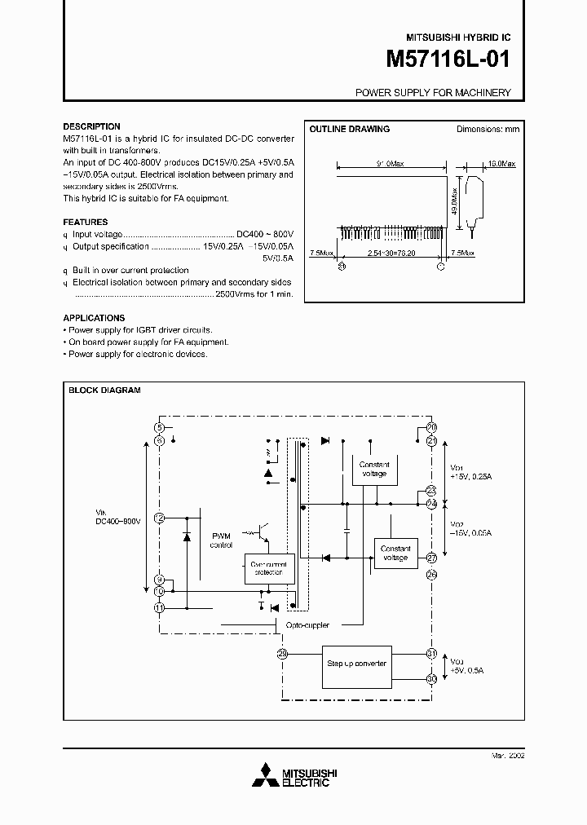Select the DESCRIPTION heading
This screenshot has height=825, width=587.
(91, 126)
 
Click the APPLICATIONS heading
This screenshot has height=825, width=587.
(94, 318)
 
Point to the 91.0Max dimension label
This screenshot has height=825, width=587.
(390, 164)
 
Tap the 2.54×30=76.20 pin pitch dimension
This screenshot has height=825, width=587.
(391, 254)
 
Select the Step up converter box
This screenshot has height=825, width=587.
(356, 664)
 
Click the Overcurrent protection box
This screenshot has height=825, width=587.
(268, 568)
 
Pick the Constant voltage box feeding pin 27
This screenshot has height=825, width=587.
(395, 553)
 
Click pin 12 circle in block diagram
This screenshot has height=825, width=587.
(160, 518)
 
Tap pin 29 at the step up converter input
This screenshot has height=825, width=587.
(282, 653)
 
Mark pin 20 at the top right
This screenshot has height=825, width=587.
(431, 427)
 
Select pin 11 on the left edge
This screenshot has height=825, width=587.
(160, 607)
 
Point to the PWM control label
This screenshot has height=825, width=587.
(221, 540)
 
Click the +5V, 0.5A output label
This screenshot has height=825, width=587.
(467, 670)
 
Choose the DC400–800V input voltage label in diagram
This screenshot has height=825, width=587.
(119, 519)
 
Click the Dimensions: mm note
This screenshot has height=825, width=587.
(487, 129)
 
